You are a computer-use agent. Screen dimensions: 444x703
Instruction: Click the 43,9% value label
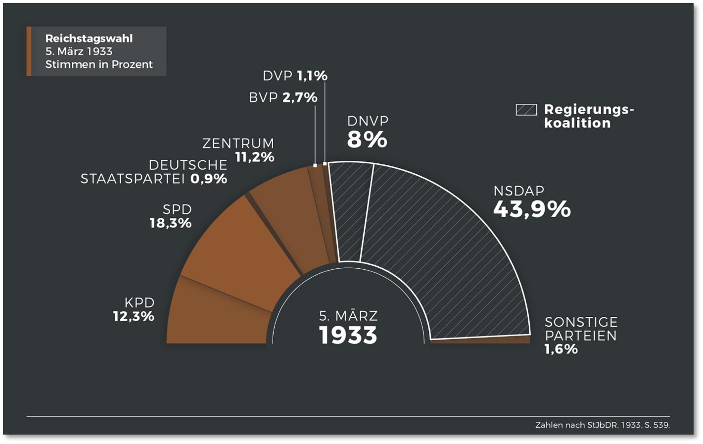[532, 209]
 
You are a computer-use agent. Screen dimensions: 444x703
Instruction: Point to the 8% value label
[367, 140]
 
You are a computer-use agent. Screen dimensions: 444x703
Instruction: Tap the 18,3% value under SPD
[171, 223]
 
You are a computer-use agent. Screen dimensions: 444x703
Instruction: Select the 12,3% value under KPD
[134, 316]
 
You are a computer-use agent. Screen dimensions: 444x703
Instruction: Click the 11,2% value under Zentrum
[254, 157]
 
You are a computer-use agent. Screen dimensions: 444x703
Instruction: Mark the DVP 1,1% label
[295, 76]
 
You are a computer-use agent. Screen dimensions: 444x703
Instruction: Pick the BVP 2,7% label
[283, 98]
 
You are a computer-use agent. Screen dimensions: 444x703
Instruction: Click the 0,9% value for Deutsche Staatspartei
[209, 179]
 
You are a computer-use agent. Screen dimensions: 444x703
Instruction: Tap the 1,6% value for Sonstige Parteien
[561, 349]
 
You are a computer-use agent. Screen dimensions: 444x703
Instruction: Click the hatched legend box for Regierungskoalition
[526, 109]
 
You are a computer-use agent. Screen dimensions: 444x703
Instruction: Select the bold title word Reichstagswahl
[89, 39]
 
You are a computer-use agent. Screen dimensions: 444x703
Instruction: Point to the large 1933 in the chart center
[348, 335]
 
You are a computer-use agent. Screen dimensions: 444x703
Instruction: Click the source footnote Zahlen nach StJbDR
[602, 425]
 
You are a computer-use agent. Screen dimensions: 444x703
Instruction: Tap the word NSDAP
[518, 191]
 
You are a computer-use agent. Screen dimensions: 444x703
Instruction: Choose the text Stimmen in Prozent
[99, 64]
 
